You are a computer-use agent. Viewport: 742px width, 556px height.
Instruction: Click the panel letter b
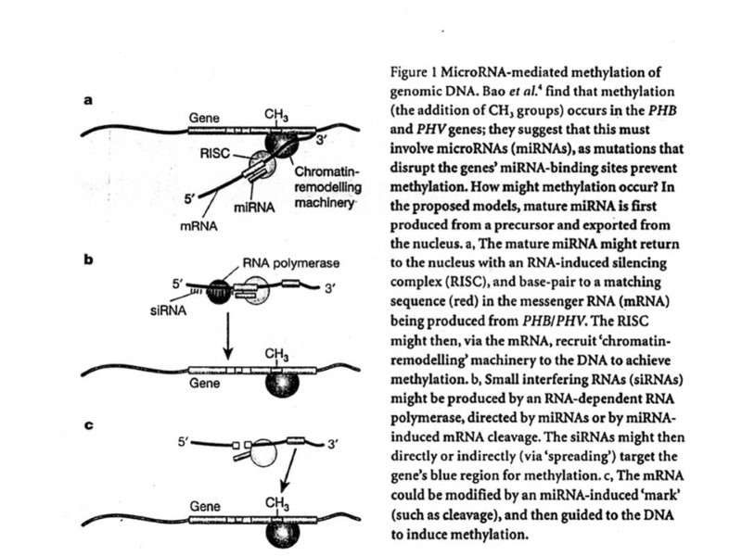pos(89,260)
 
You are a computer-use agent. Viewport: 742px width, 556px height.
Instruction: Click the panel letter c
pos(89,426)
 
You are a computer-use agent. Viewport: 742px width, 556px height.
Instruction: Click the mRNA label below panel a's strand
pos(193,225)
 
